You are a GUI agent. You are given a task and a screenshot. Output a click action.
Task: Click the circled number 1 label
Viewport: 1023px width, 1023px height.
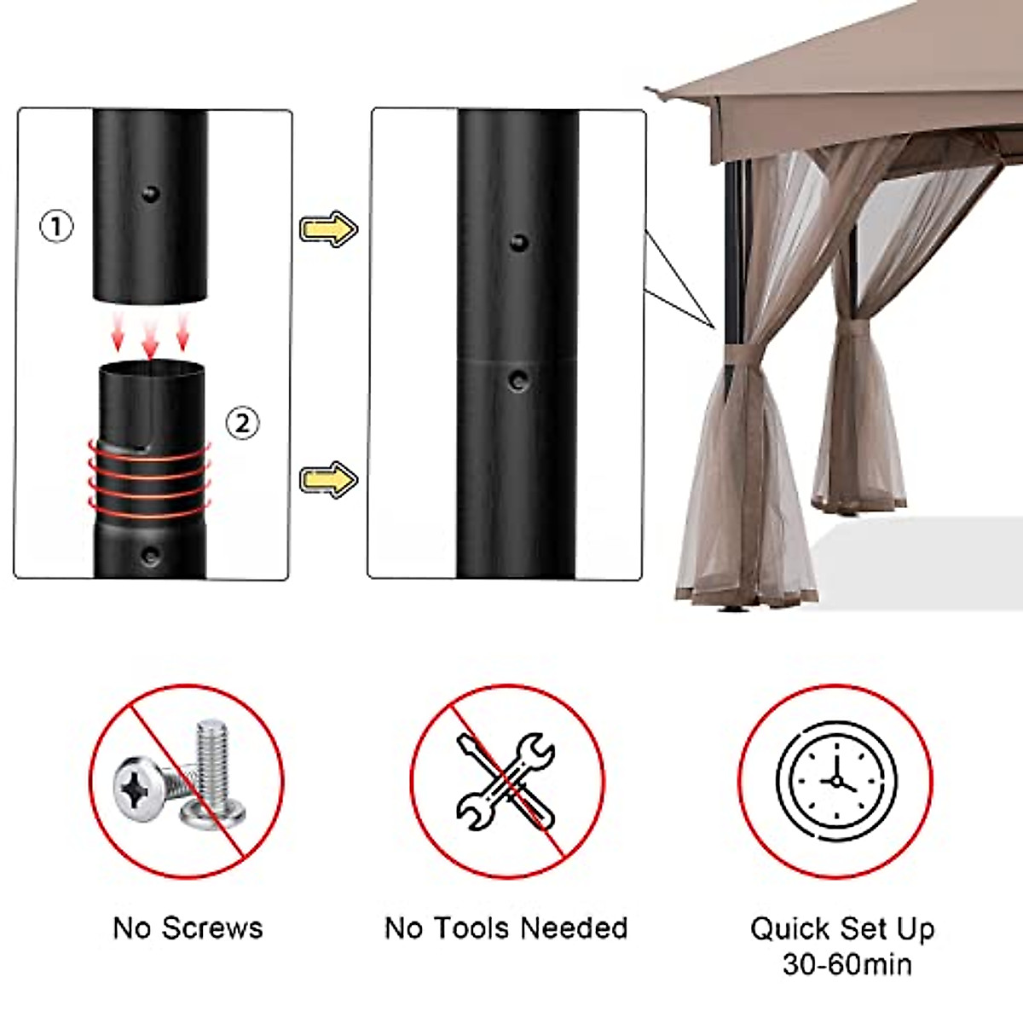pos(57,227)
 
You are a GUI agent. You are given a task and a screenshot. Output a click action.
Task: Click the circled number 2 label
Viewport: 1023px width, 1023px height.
pos(243,422)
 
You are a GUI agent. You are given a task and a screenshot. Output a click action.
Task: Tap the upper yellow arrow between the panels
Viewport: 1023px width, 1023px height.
pos(328,228)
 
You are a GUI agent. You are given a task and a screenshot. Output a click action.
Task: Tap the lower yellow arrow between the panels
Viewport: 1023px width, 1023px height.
pos(328,479)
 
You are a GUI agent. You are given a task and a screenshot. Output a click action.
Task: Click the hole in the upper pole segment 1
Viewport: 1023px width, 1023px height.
pos(151,194)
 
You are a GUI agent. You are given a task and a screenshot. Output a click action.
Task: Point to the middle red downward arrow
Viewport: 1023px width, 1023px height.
pos(150,340)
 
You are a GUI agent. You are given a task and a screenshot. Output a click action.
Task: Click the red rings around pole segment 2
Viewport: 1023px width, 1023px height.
pos(149,482)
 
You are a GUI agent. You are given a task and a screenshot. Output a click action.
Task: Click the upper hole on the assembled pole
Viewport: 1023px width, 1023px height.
pos(518,243)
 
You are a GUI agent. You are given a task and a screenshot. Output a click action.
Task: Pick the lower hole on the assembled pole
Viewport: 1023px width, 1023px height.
pos(517,379)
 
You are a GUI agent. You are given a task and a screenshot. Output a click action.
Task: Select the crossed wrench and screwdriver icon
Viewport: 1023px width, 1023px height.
pos(506,781)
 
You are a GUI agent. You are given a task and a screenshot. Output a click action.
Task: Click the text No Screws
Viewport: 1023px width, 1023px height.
pos(188,928)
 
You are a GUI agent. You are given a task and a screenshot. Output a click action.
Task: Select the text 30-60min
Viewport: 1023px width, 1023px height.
pos(847,965)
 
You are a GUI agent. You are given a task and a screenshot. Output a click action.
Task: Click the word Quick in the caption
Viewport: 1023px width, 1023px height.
pos(789,929)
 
